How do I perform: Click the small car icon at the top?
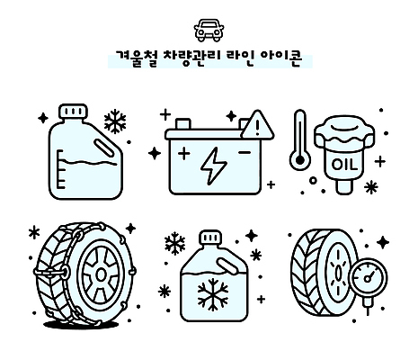[209, 29]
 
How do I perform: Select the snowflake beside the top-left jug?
[114, 121]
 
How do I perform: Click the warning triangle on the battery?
[256, 122]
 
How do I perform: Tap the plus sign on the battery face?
[184, 154]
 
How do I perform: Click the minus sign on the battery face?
[244, 154]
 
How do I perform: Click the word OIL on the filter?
[345, 164]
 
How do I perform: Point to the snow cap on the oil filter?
[344, 132]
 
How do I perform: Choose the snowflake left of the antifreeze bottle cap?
[173, 243]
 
